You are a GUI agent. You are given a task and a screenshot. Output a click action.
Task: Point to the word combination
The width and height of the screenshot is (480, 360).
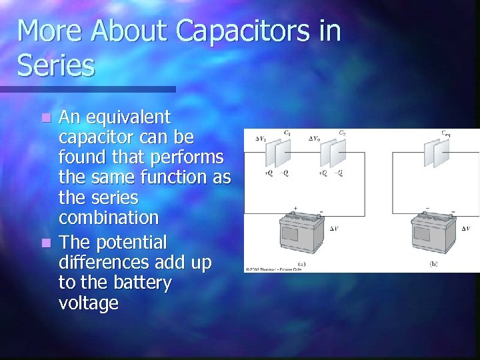[x=109, y=218]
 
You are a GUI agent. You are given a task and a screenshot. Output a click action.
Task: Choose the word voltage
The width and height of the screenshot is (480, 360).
[x=89, y=303]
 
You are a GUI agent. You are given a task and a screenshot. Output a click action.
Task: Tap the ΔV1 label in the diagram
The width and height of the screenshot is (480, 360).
[x=261, y=139]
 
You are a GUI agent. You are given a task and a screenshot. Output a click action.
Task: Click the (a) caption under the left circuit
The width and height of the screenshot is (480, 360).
[x=302, y=264]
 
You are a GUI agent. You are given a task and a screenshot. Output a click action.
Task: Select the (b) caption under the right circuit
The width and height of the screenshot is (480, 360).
[x=434, y=264]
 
